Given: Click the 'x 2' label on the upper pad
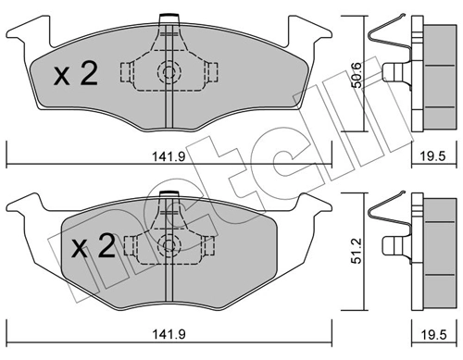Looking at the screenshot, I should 75,74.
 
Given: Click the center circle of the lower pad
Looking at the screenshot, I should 168,244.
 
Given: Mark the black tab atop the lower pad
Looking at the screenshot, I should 168,192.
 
